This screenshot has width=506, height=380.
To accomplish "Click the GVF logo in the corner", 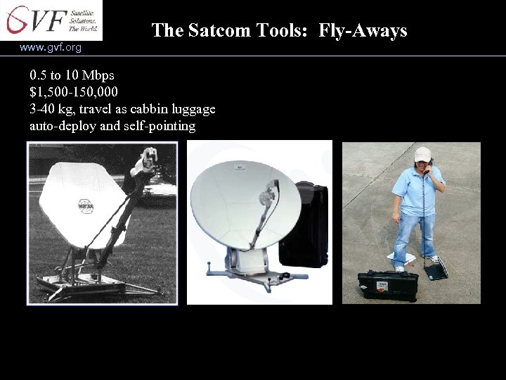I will tap(51, 20).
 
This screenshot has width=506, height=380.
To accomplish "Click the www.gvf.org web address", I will tap(51, 47).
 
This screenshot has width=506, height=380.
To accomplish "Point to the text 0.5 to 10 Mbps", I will tap(72, 75).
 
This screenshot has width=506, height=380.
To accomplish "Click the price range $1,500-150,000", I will tap(74, 92).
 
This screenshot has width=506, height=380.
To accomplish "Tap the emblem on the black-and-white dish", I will tap(86, 206).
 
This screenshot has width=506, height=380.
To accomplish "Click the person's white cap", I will tap(422, 153).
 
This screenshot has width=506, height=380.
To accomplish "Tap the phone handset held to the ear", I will tap(427, 169).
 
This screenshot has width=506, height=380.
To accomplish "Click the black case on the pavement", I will tap(387, 284).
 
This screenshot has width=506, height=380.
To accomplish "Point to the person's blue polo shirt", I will tap(417, 191).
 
